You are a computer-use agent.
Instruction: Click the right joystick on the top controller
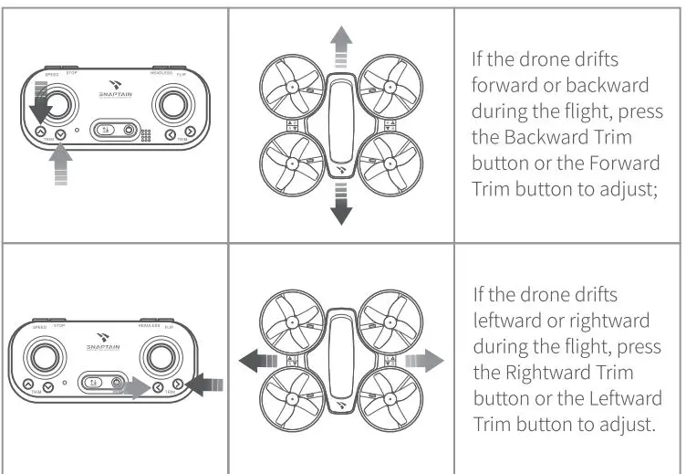click(x=171, y=104)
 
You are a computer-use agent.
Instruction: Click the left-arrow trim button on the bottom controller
click(x=159, y=387)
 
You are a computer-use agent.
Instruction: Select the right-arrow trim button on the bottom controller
click(x=178, y=387)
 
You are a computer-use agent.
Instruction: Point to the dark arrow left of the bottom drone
click(x=257, y=361)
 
